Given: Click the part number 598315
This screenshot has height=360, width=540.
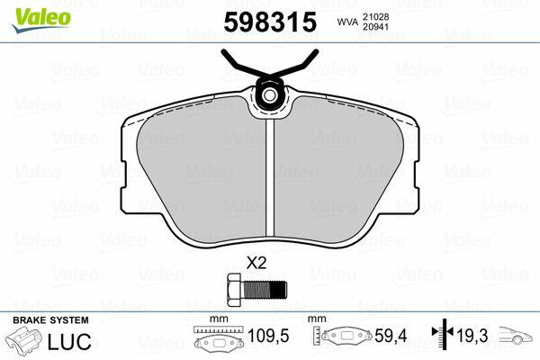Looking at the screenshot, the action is [270, 22].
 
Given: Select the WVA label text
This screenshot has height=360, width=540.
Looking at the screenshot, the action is [347, 22].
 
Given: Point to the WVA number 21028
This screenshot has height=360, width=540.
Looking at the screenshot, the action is [375, 17].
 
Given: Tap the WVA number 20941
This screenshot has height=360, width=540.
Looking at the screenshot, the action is [375, 27].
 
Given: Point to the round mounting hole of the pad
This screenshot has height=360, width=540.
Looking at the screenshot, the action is [270, 94].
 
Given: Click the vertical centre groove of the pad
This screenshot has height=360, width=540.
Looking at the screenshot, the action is [270, 178].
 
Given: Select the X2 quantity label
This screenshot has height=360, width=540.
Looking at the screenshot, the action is [256, 264].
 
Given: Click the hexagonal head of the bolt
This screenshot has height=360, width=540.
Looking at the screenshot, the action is [235, 290].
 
